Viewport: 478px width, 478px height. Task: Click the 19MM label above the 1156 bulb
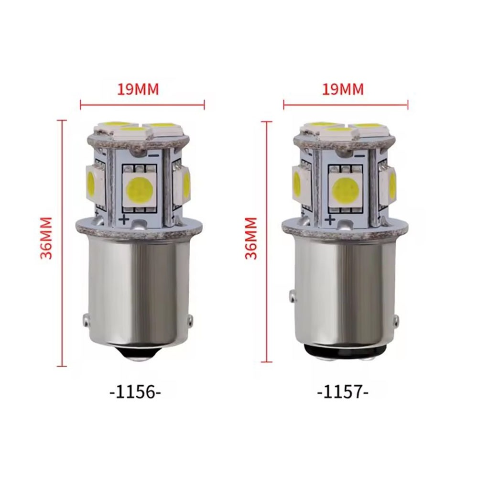[138, 89]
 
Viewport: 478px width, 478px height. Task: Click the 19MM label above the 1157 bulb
[343, 89]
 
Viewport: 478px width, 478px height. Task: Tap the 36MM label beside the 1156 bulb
[46, 238]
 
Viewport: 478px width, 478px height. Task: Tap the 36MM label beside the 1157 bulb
[251, 238]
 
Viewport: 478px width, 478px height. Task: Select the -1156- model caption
[135, 392]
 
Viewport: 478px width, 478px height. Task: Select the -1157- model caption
[343, 392]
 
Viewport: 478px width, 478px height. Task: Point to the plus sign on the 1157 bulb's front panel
[330, 219]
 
